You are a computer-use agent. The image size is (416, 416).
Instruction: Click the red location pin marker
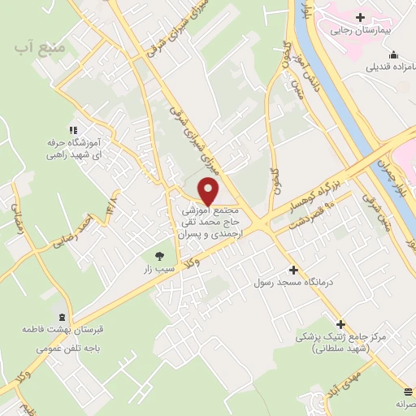(209, 191)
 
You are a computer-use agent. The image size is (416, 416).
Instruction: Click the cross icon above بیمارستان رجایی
(360, 16)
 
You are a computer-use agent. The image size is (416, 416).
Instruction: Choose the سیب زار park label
(158, 267)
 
